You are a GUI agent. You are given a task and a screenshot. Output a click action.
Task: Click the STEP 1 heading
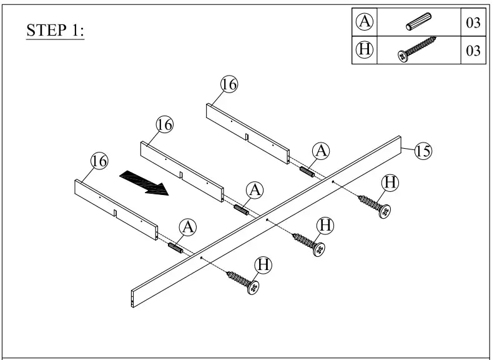coord(56,31)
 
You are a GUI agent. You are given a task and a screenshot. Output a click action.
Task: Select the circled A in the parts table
coord(365,22)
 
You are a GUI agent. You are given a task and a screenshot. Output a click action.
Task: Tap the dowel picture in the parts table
coord(416,22)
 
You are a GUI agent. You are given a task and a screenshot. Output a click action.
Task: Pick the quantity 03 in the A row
coord(473,23)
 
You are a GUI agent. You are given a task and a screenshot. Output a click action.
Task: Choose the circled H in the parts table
coord(365,50)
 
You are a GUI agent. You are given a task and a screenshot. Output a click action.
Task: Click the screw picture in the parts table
coord(416,50)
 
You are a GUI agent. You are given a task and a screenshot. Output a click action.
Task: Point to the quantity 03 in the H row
coord(473,51)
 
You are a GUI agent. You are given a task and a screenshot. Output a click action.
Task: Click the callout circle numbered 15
coord(423,151)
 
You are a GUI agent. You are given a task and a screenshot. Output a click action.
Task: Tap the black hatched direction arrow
coord(144,182)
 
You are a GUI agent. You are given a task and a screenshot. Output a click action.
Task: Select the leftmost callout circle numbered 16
coord(99,161)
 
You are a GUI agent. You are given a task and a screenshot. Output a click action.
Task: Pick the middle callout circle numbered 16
coord(164,125)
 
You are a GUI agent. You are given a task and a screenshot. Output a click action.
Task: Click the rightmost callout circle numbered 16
coord(229,84)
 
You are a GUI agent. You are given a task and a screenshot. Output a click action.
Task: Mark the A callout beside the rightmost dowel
coord(321,150)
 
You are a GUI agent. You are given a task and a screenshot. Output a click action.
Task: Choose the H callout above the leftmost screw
coord(264,265)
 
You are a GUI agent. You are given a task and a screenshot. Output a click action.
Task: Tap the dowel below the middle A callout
coord(242,209)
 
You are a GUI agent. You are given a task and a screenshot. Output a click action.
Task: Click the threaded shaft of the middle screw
coord(304,241)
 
